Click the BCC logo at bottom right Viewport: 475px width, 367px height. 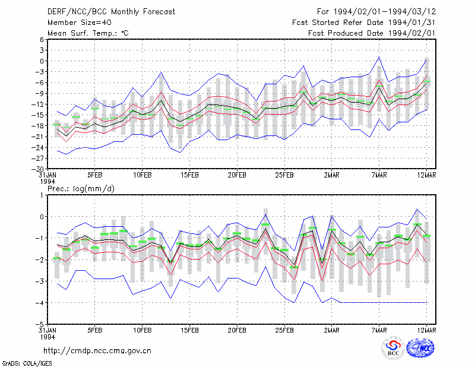pos(393,348)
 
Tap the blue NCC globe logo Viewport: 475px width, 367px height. pos(420,348)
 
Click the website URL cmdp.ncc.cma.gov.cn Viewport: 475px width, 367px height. pos(97,351)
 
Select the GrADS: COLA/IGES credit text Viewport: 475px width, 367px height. pos(27,363)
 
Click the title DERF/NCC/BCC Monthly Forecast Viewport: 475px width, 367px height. pos(111,12)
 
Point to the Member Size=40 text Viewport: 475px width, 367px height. pos(80,23)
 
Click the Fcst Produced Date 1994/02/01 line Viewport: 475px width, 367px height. pos(372,33)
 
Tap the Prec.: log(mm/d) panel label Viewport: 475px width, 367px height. pos(81,189)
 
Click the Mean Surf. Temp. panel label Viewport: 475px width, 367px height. pos(88,33)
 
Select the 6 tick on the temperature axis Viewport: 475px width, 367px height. pos(42,39)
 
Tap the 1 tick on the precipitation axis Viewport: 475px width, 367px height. pos(42,195)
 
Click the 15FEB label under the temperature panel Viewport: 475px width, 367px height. pos(189,175)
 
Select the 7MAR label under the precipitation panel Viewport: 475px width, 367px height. pos(379,330)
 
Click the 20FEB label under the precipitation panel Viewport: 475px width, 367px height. pos(237,330)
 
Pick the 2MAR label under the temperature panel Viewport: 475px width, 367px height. pos(332,175)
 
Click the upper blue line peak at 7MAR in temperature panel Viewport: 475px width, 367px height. pos(379,56)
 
